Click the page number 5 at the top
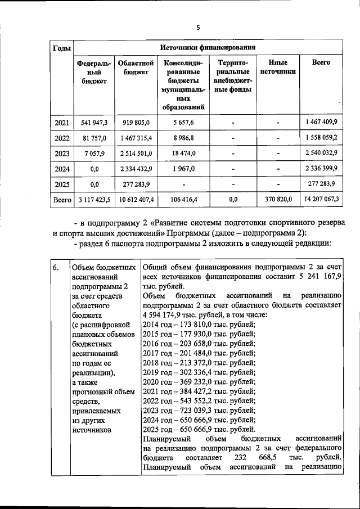(x=198, y=27)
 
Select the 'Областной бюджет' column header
(x=136, y=67)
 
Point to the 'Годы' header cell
(x=61, y=48)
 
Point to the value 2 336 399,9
(x=321, y=168)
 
